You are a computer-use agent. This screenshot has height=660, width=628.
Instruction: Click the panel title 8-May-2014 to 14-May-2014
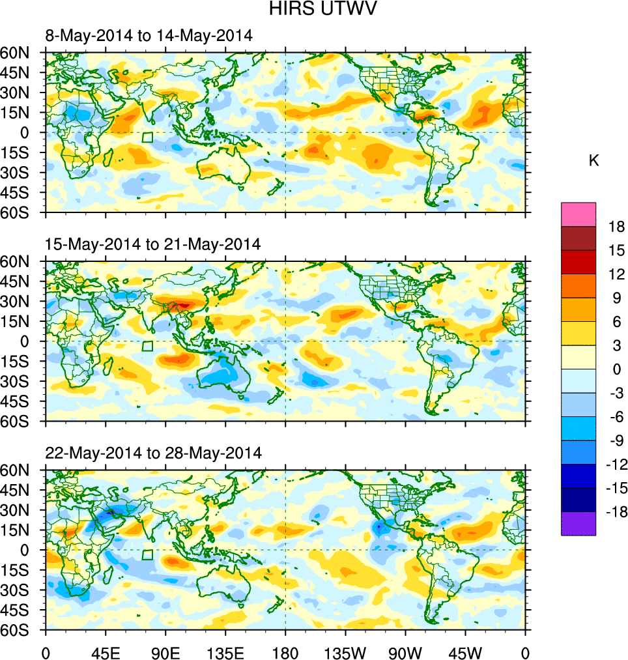(149, 36)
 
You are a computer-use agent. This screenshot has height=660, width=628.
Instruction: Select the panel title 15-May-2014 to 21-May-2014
(152, 244)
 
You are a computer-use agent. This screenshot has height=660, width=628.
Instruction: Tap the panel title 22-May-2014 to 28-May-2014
(153, 453)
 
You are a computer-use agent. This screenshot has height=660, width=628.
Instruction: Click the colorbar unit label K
(593, 161)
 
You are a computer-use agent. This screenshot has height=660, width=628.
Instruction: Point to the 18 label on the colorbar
(616, 227)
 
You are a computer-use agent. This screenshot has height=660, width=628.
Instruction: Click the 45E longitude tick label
(105, 652)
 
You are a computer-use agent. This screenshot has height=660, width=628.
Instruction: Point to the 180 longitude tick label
(285, 652)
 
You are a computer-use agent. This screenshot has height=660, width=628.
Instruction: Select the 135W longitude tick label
(345, 652)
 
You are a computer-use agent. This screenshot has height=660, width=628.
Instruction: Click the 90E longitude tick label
(165, 652)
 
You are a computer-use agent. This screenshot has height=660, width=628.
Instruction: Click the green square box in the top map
(148, 137)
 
